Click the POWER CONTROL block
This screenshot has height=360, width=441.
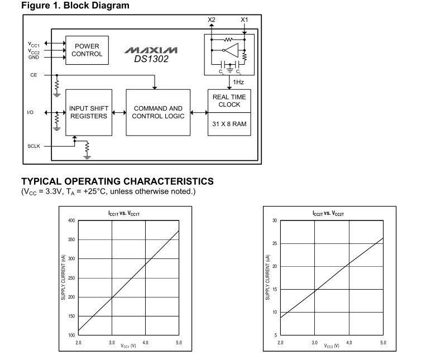tap(87, 50)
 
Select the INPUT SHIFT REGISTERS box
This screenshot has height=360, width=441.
tap(89, 113)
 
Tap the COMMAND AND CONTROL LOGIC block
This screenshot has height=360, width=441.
tap(158, 113)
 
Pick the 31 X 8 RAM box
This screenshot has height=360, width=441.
tap(229, 124)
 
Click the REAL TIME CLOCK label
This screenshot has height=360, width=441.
tap(229, 100)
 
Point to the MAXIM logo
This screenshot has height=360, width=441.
tap(151, 50)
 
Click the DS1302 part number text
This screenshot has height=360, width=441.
tap(151, 59)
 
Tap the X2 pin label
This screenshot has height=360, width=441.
tap(212, 20)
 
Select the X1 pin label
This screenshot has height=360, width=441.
tap(245, 20)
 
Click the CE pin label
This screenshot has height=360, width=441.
tap(33, 75)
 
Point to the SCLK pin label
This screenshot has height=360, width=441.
tap(33, 146)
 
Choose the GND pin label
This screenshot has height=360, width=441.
tap(33, 57)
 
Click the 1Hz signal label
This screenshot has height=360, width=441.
tap(238, 82)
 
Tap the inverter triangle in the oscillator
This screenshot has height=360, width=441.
tap(232, 50)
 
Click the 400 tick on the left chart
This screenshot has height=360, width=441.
tap(71, 220)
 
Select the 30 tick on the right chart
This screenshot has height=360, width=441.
tap(275, 220)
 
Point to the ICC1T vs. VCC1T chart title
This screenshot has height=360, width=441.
tap(124, 213)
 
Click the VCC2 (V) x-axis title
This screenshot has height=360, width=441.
tap(332, 345)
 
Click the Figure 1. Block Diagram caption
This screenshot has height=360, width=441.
tap(75, 6)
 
